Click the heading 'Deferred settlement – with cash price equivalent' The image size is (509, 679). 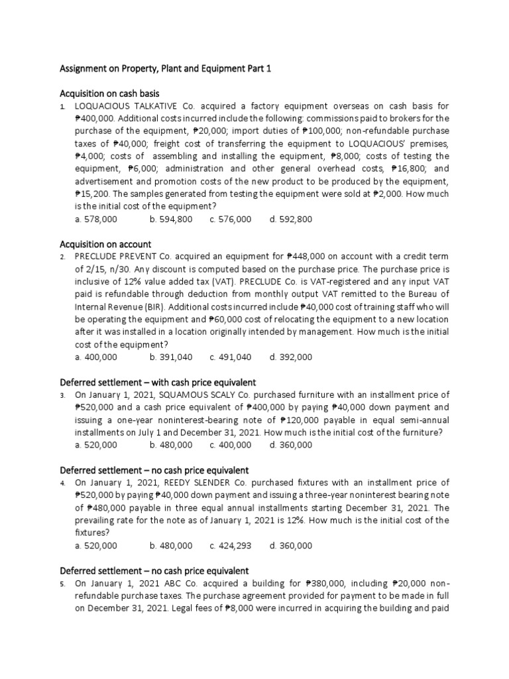click(x=158, y=383)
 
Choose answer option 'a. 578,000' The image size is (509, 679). click(x=96, y=219)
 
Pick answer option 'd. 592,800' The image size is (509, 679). click(x=290, y=219)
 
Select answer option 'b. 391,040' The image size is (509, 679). click(x=171, y=357)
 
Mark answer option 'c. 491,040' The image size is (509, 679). click(x=231, y=357)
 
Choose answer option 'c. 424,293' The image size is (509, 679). click(x=231, y=546)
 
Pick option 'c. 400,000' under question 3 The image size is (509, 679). click(x=231, y=445)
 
